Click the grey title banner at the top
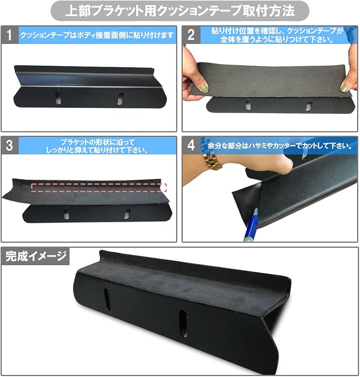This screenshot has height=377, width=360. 180,11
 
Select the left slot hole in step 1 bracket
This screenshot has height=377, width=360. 58,98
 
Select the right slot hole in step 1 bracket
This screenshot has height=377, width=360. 120,99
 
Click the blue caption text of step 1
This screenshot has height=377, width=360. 97,35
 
